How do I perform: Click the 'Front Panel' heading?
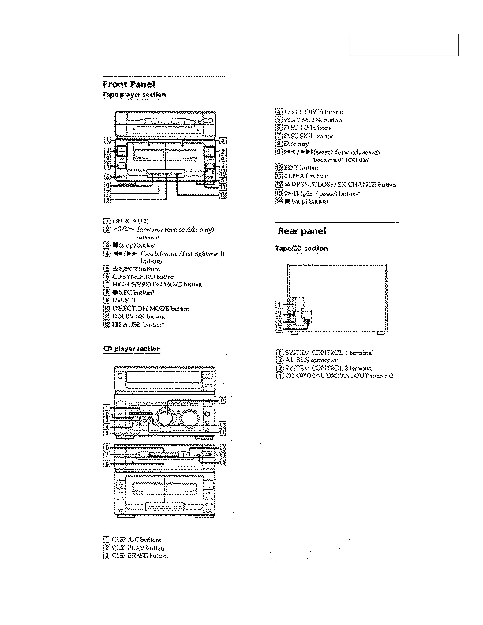[x=129, y=84]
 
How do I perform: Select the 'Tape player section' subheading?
[x=134, y=95]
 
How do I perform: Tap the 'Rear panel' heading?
[x=302, y=231]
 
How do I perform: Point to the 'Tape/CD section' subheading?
[x=301, y=249]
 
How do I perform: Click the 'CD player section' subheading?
[x=132, y=349]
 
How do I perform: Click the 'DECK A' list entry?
[x=130, y=221]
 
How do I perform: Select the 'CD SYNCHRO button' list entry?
[x=143, y=277]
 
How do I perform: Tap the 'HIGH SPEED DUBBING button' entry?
[x=157, y=284]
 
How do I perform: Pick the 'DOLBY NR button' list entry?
[x=139, y=316]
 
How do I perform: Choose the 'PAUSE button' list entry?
[x=138, y=324]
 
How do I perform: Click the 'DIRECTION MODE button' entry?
[x=150, y=309]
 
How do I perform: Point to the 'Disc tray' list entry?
[x=296, y=144]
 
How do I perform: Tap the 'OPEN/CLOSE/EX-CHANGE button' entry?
[x=340, y=184]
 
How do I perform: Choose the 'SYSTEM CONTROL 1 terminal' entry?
[x=328, y=352]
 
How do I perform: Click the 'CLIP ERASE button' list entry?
[x=140, y=556]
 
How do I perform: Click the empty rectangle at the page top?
[x=403, y=45]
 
